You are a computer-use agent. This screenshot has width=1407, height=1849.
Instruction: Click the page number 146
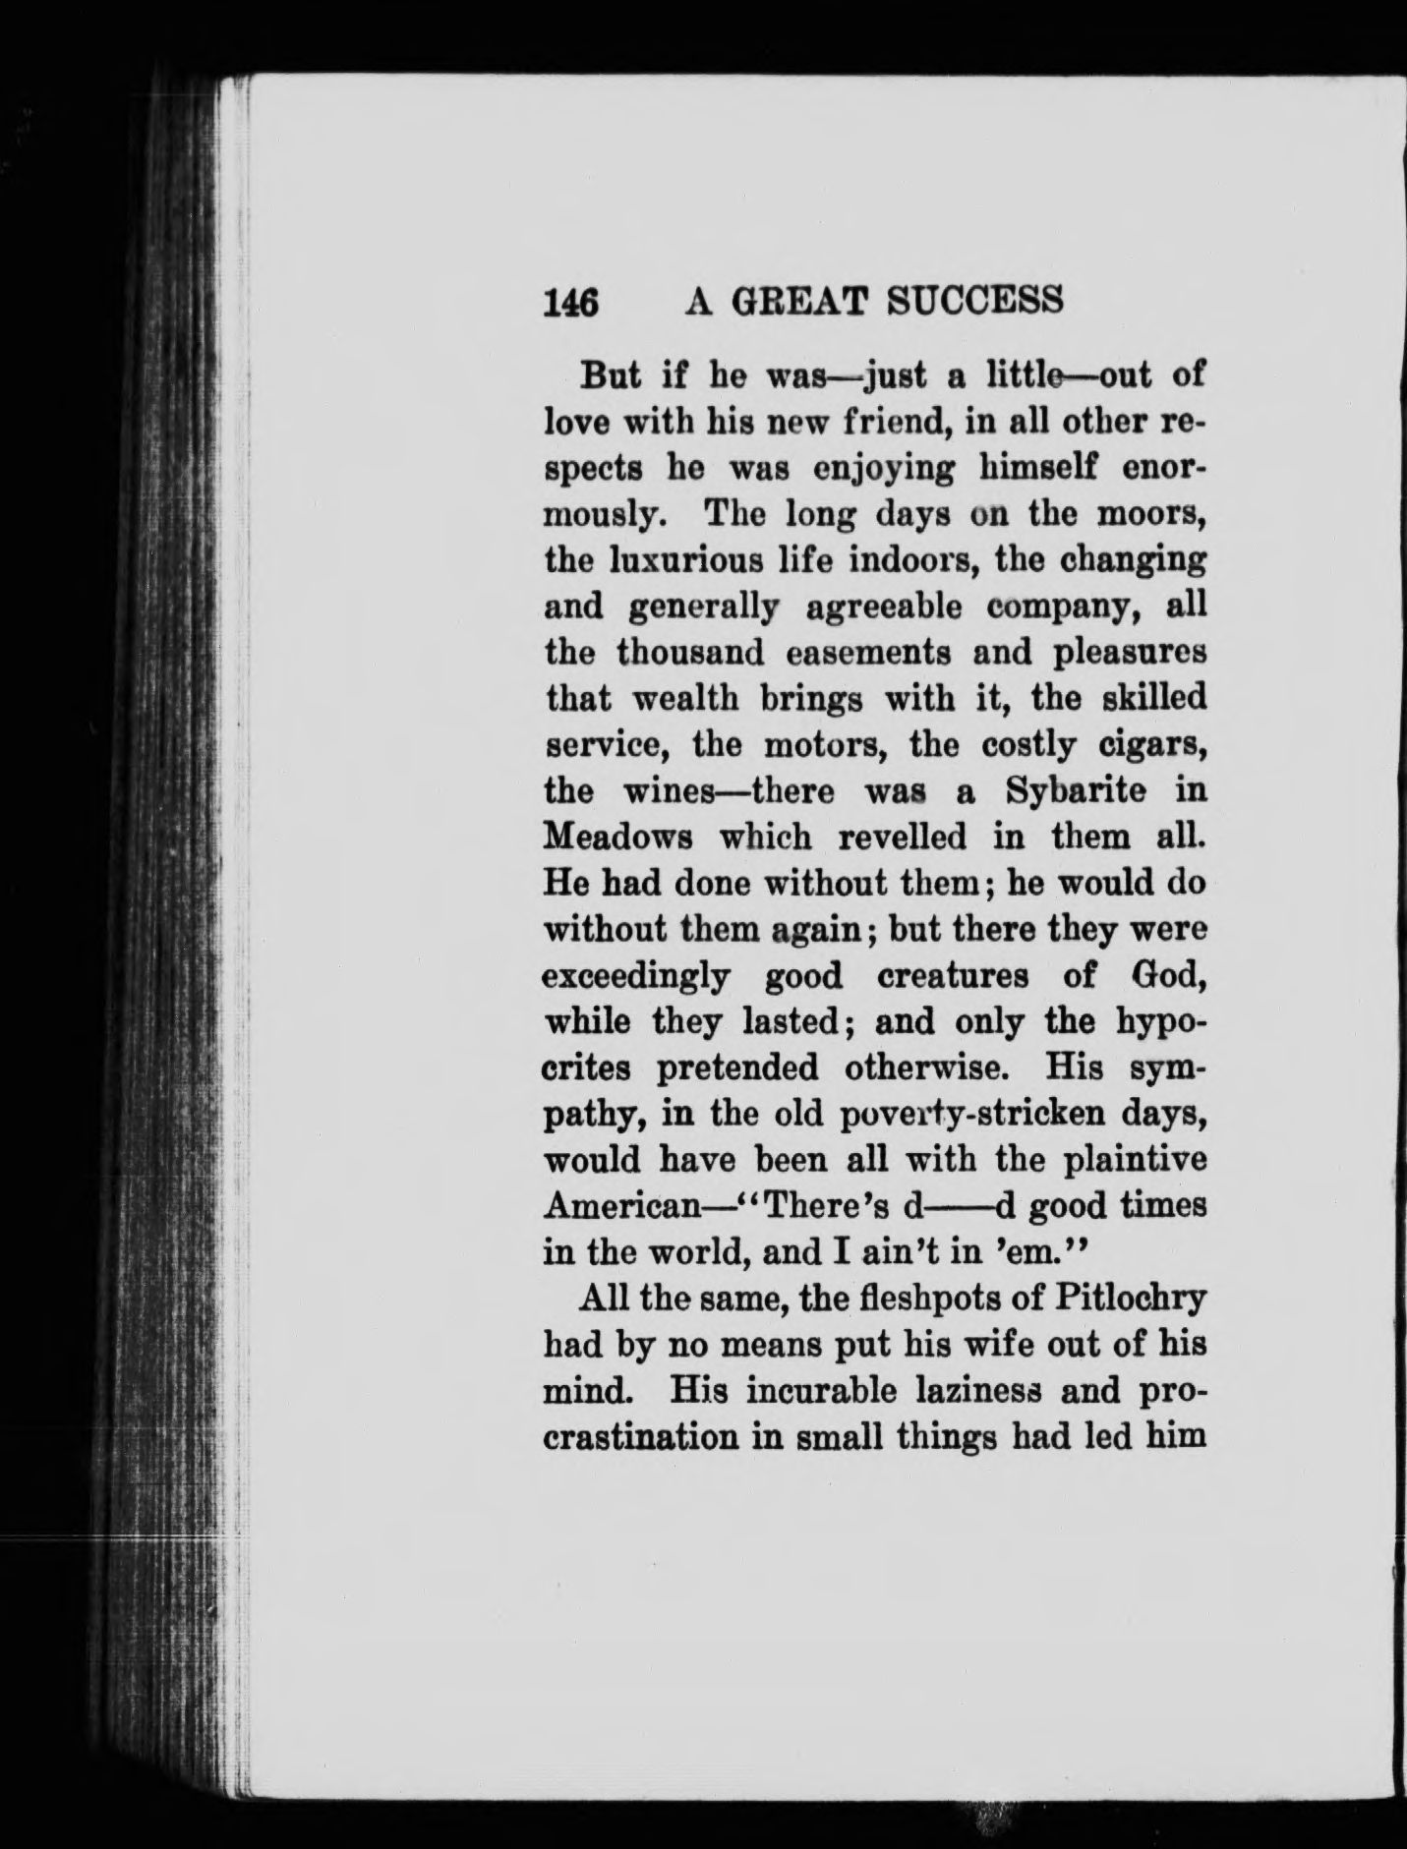click(x=570, y=302)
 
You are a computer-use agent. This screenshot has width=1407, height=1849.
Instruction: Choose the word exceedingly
click(x=637, y=976)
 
